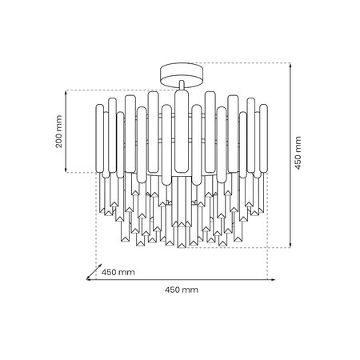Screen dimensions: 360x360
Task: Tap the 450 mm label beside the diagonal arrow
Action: pyautogui.click(x=118, y=273)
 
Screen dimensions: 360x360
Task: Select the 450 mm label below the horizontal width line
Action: pyautogui.click(x=181, y=289)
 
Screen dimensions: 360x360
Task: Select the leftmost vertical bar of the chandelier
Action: pyautogui.click(x=99, y=140)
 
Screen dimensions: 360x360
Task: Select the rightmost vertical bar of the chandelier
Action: pyautogui.click(x=262, y=140)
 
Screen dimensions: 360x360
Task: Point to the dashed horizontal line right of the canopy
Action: pyautogui.click(x=240, y=64)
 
